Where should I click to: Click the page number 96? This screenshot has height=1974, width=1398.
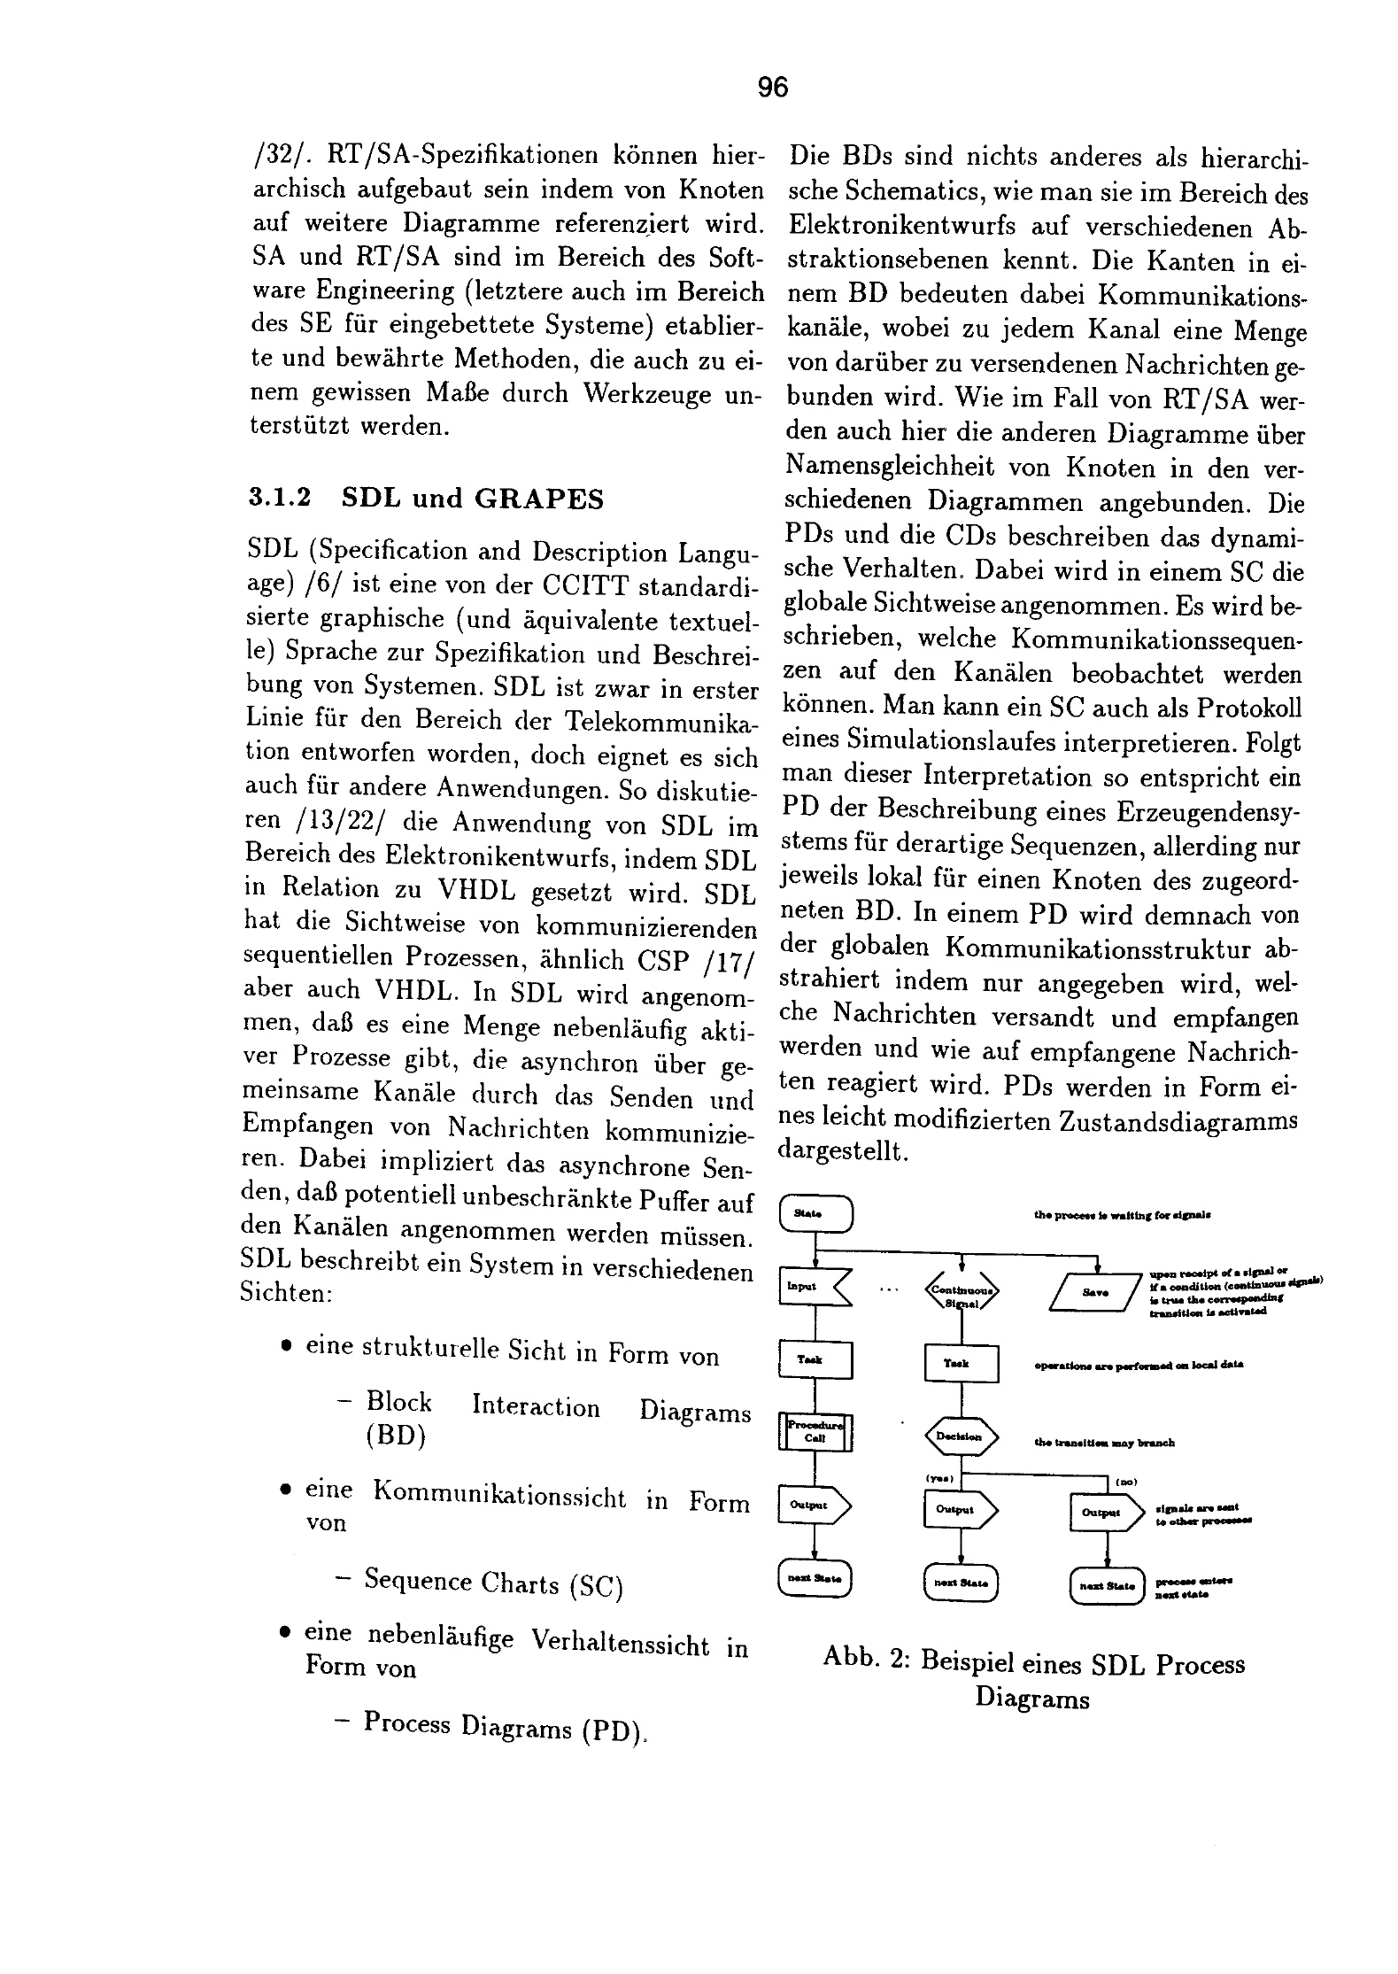tap(772, 88)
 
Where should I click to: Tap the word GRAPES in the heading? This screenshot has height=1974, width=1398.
tap(538, 499)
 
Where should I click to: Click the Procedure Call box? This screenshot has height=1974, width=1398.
tap(815, 1433)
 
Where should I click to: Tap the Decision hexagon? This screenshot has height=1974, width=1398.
tap(962, 1436)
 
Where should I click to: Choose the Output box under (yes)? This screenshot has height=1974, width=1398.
tap(960, 1511)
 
